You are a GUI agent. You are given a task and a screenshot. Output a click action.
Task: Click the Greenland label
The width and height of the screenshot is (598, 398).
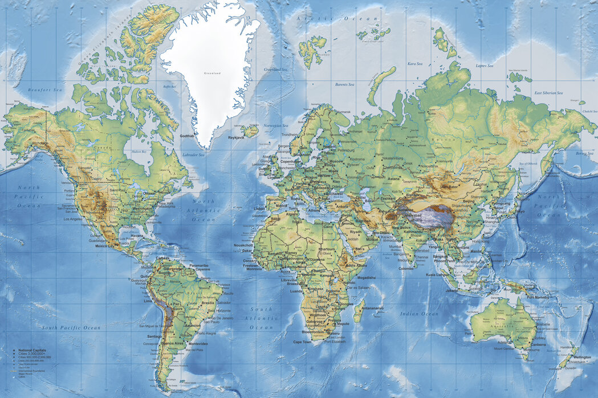(213, 73)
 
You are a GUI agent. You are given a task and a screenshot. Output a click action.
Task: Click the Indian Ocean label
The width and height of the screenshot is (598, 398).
(419, 314)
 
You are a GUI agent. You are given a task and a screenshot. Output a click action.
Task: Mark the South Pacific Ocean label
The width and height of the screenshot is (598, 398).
(71, 327)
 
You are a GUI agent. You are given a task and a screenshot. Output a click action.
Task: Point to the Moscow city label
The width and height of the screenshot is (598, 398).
(336, 161)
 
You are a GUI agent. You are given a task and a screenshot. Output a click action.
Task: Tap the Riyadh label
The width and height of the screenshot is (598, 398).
(356, 232)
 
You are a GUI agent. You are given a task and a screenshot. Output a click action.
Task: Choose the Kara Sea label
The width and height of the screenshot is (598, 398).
(414, 64)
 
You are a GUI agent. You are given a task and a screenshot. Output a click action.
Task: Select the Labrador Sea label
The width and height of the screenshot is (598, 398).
(193, 155)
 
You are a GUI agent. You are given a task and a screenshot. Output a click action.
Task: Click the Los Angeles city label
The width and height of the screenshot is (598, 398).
(73, 219)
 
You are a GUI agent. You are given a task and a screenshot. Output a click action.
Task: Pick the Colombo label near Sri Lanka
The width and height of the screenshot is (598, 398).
(406, 268)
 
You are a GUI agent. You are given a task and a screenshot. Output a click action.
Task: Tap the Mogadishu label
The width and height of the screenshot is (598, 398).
(366, 277)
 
